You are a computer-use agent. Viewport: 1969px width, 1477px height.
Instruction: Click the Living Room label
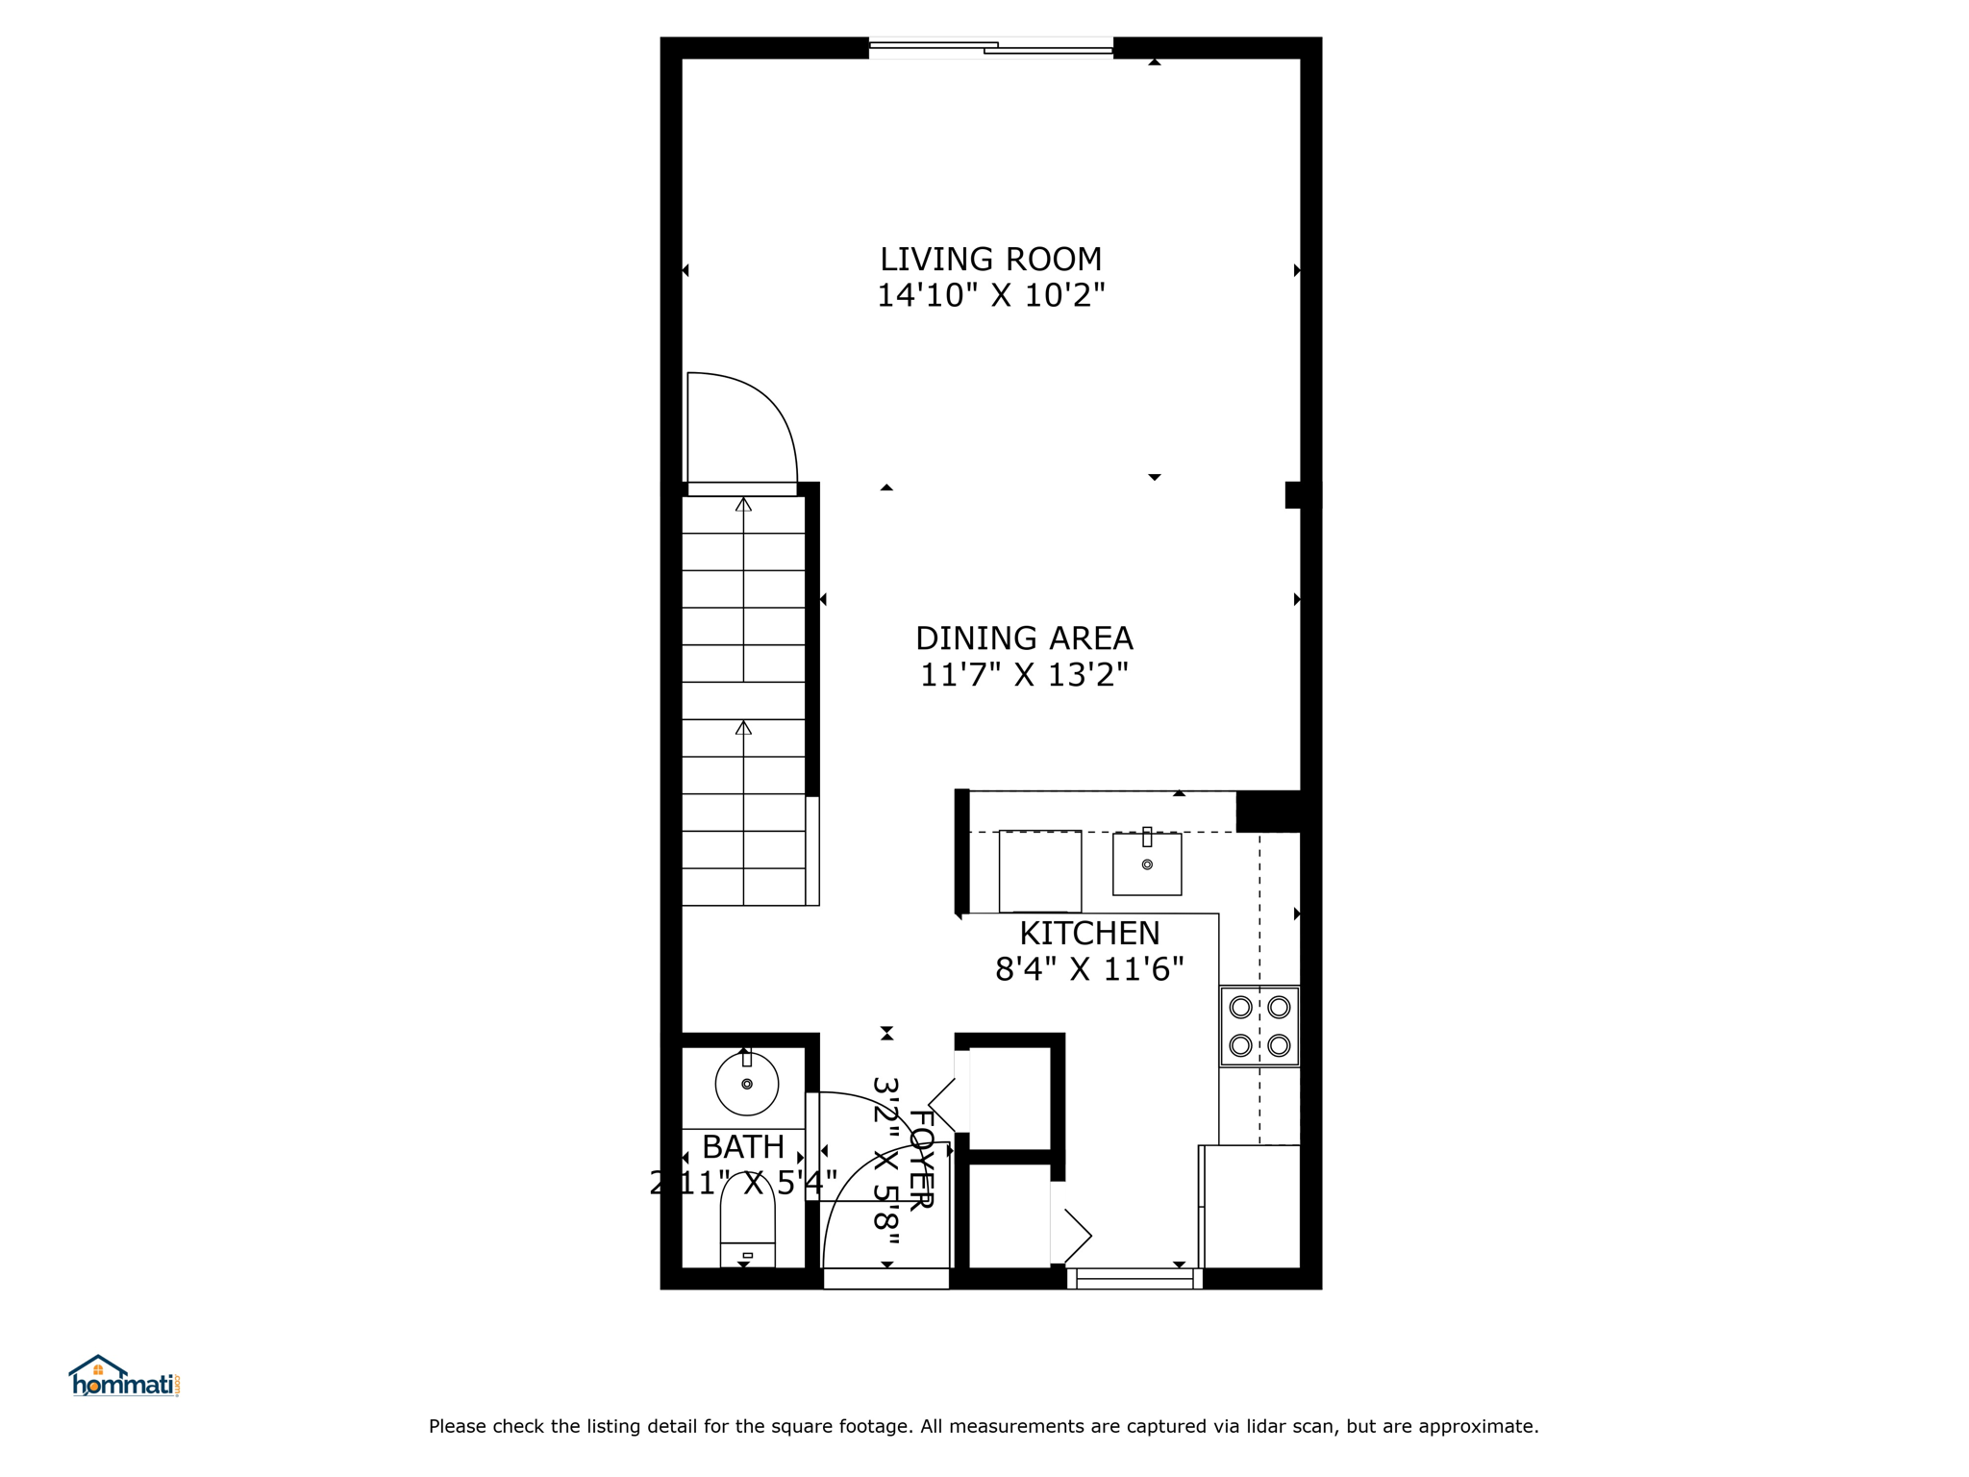[x=990, y=259]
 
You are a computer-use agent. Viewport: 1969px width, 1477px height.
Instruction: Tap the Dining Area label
[x=1024, y=638]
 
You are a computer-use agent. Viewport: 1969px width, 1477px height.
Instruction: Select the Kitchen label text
[x=1089, y=933]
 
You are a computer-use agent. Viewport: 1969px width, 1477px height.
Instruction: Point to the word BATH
[x=743, y=1147]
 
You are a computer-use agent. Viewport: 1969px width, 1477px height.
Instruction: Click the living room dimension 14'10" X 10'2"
[x=990, y=295]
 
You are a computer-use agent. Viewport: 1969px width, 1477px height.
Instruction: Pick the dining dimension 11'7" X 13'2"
[x=1024, y=675]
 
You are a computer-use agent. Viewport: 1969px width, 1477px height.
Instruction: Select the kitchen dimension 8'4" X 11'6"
[x=1089, y=969]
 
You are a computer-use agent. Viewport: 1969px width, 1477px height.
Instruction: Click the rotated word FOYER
[x=921, y=1160]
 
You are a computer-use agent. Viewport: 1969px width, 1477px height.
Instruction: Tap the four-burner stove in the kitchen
[x=1259, y=1026]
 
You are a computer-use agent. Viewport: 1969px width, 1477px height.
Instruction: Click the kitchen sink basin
[x=1147, y=864]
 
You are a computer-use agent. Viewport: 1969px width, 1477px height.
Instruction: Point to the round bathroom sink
[x=747, y=1084]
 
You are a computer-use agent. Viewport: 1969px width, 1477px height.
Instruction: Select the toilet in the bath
[x=747, y=1221]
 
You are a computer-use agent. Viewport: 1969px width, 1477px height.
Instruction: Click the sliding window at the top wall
[x=991, y=47]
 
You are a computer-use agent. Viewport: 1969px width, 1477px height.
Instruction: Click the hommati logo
[x=124, y=1376]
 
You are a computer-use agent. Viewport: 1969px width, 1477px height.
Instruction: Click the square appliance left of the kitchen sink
[x=1040, y=871]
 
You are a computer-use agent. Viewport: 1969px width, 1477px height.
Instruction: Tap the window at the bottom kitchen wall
[x=1134, y=1279]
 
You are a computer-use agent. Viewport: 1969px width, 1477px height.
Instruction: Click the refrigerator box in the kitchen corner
[x=1252, y=1207]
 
